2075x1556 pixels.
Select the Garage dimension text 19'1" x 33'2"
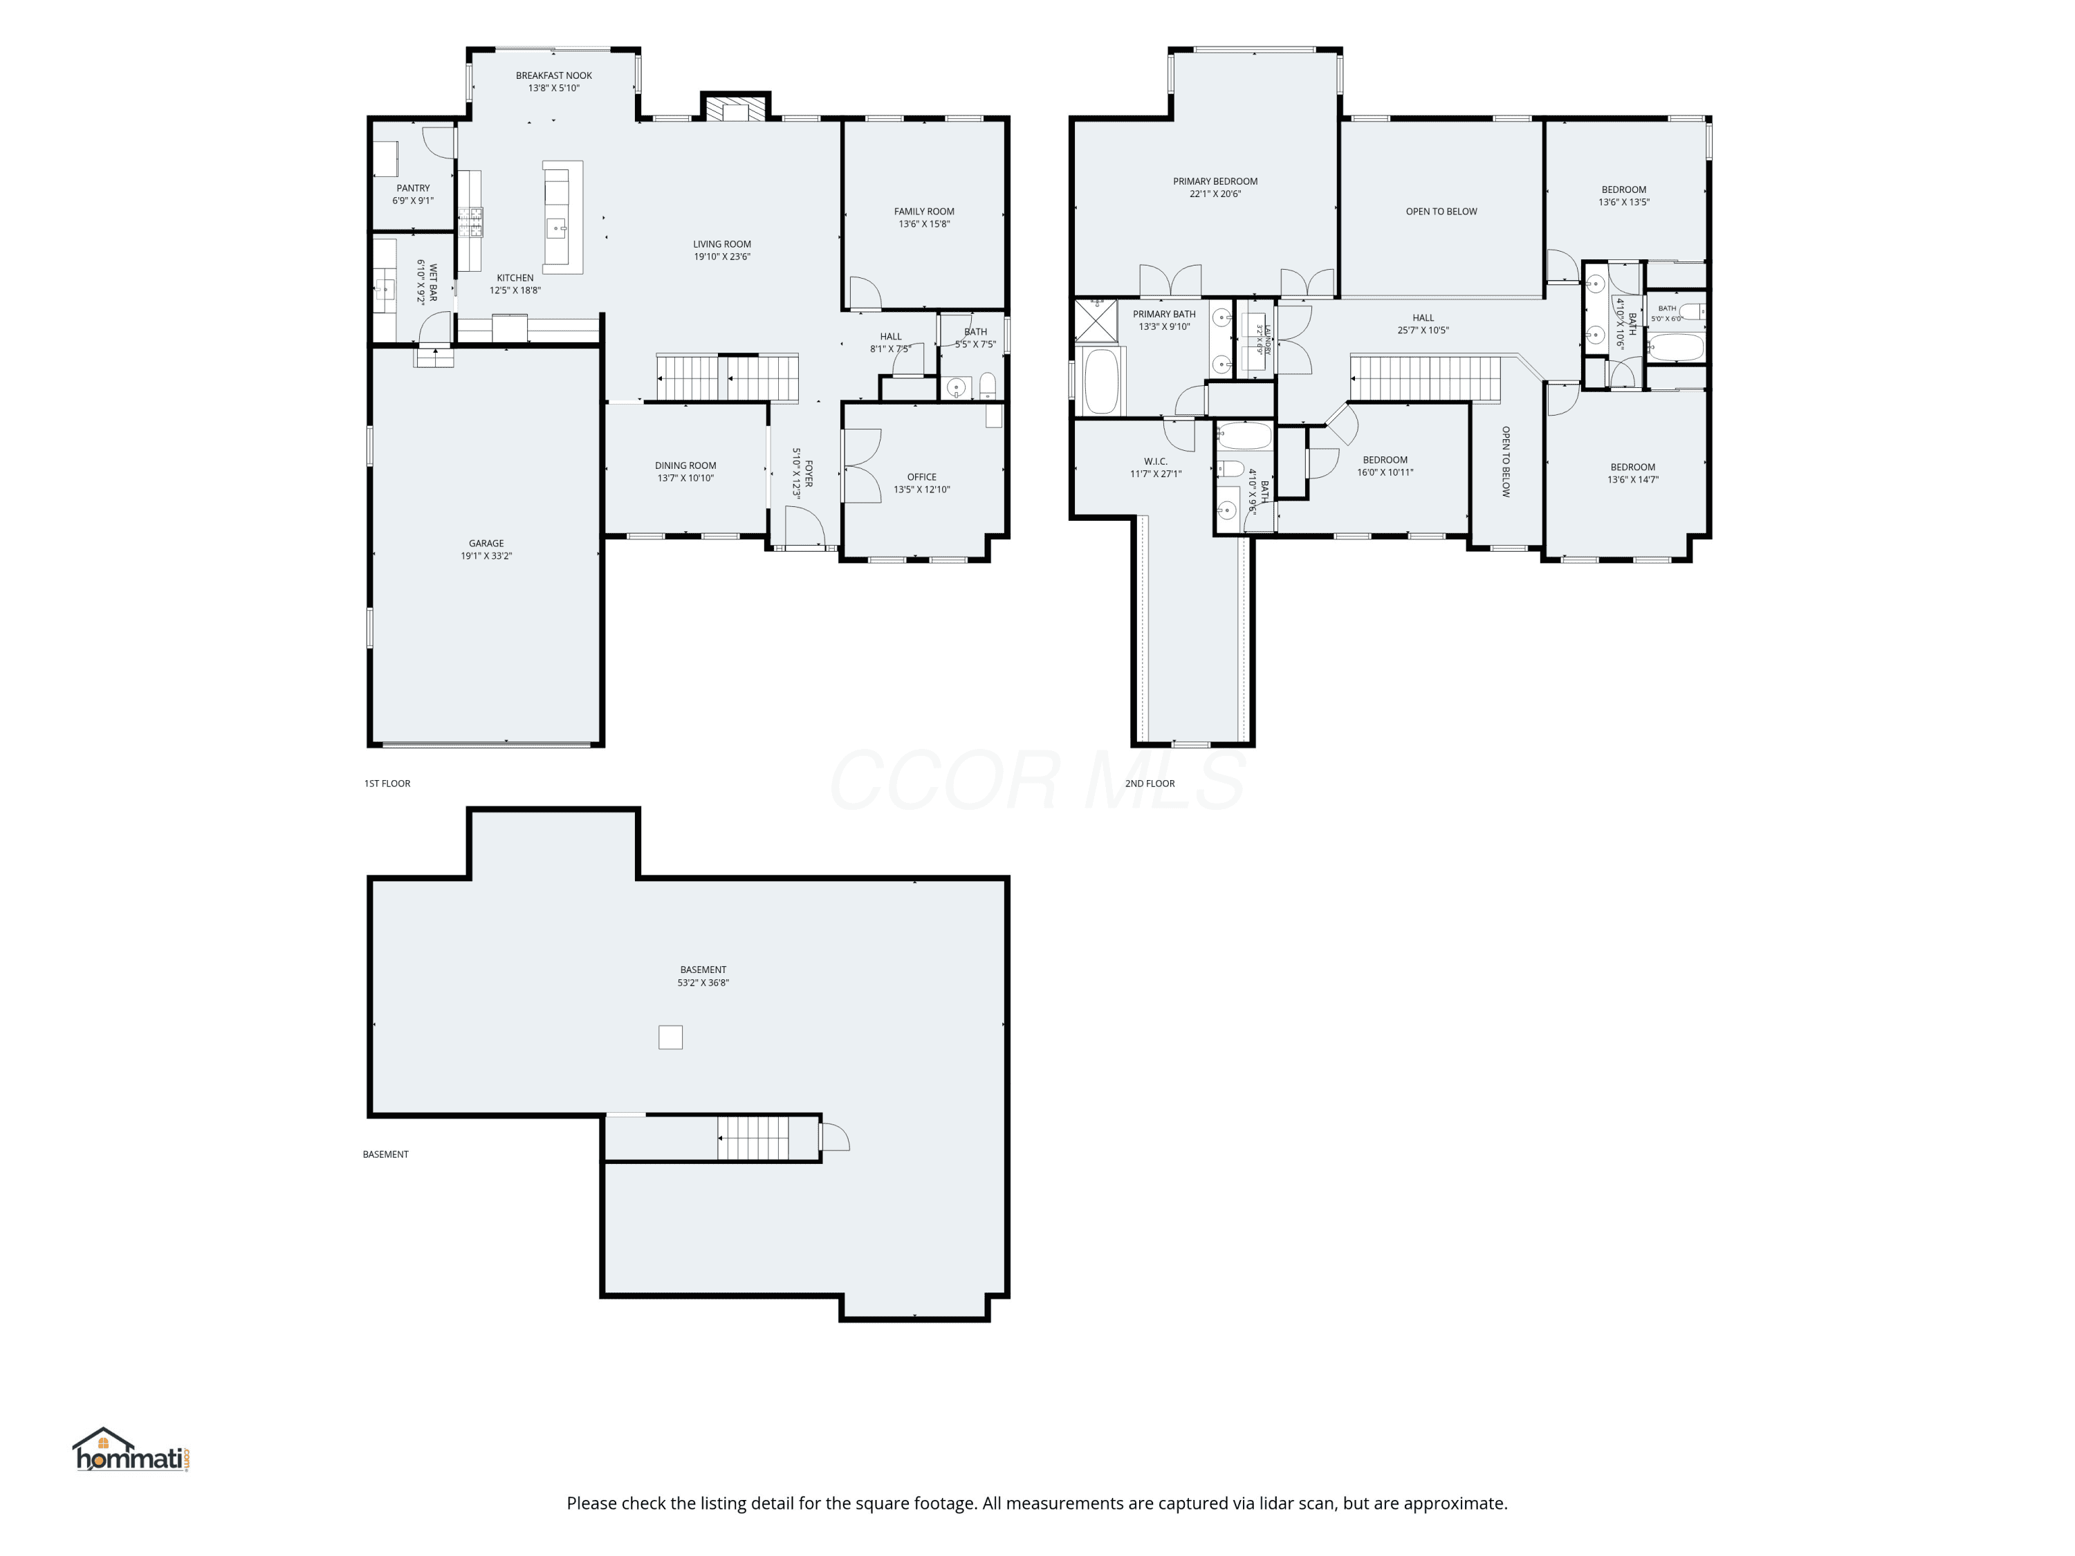coord(486,556)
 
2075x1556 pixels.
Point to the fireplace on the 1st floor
coord(737,109)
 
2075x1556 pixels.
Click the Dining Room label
coord(685,466)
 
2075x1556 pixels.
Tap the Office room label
coord(922,477)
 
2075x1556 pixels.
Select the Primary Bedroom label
coord(1215,182)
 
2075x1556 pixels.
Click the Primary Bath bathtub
coord(1103,381)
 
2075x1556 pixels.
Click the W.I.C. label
coord(1156,461)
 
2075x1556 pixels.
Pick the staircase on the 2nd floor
coord(1426,378)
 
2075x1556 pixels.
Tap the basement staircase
coord(754,1138)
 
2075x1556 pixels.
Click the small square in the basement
coord(671,1037)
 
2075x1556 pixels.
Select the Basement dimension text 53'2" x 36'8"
coord(703,983)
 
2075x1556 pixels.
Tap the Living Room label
coord(722,245)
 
